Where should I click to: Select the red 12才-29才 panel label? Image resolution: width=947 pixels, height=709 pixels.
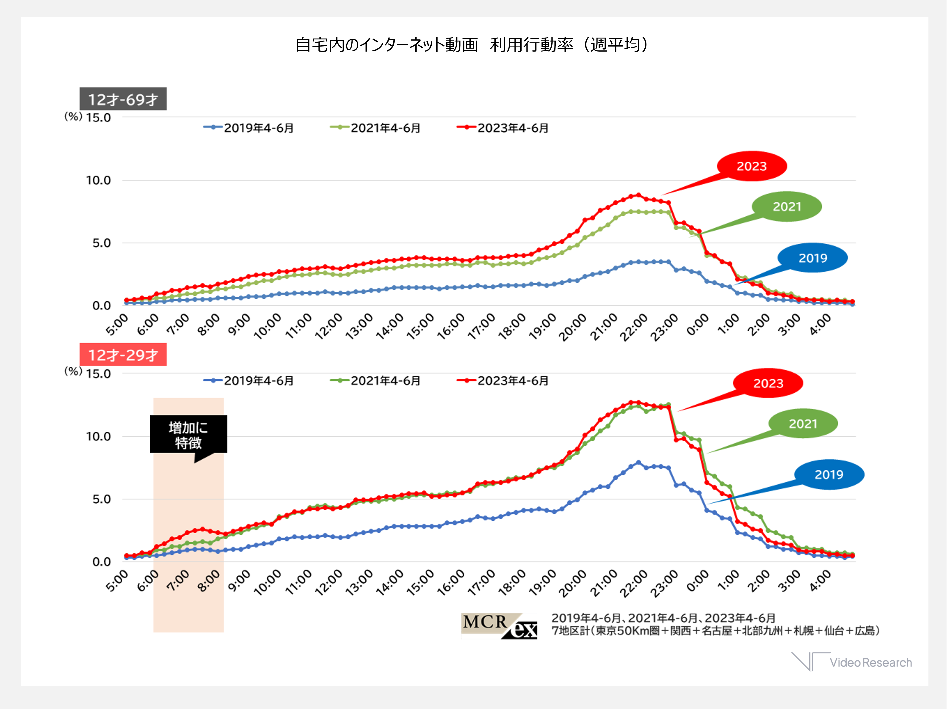tap(123, 355)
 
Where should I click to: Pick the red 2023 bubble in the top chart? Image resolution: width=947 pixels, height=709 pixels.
tap(752, 166)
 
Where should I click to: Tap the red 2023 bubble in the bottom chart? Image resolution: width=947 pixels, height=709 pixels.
tap(768, 383)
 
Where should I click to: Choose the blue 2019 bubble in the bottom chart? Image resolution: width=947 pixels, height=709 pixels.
tap(829, 474)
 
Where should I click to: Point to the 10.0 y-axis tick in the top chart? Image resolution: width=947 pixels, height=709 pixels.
tap(99, 180)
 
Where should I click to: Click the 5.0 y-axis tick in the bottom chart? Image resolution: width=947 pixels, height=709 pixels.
tap(102, 499)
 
